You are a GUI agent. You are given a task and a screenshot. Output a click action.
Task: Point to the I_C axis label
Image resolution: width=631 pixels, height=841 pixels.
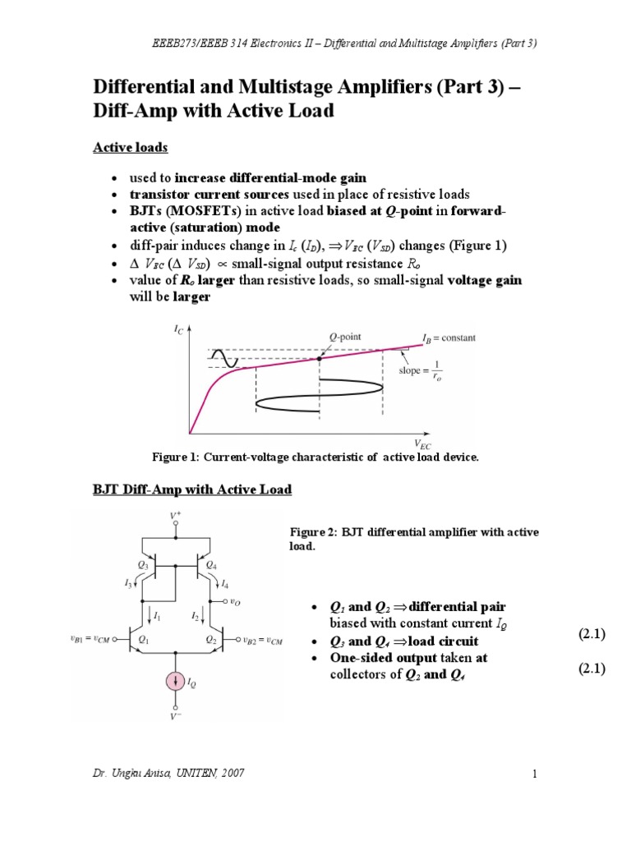[179, 329]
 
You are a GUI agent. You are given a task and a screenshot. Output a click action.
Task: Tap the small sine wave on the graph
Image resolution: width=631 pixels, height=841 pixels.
[224, 358]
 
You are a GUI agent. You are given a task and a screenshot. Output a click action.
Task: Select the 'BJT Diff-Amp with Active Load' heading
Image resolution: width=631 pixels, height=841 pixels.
[191, 489]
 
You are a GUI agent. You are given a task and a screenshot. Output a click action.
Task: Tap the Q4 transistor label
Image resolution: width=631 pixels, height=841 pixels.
[211, 565]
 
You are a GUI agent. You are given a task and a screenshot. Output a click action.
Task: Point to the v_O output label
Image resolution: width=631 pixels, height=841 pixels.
[236, 602]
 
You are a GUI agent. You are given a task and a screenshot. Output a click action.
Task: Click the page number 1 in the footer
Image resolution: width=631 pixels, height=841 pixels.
[533, 774]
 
